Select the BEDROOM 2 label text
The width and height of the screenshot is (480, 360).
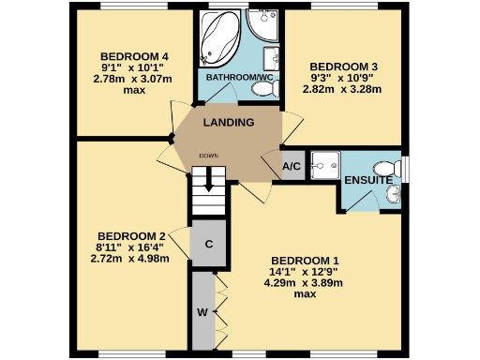tap(131, 235)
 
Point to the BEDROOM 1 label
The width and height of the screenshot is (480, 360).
tap(304, 260)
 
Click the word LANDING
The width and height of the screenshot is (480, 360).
tap(230, 123)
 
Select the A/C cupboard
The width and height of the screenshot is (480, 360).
tap(292, 167)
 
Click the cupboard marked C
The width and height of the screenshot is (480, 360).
tap(209, 245)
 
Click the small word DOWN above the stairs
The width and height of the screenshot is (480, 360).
tap(209, 155)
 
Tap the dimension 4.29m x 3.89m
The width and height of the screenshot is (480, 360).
tap(304, 282)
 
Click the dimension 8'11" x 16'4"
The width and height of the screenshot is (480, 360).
tap(131, 247)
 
